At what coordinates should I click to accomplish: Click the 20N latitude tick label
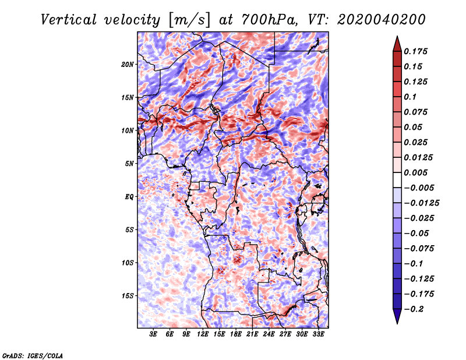tap(127, 65)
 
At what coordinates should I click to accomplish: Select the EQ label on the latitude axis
tap(129, 197)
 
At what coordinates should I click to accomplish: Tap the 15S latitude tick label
tap(127, 296)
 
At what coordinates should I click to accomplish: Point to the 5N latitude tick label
tap(129, 164)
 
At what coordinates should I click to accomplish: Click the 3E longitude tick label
tap(153, 334)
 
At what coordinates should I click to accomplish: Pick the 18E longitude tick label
tap(235, 334)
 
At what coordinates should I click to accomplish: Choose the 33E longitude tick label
tap(318, 334)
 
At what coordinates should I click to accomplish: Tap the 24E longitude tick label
tap(269, 334)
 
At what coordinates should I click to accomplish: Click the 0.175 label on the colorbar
tap(415, 51)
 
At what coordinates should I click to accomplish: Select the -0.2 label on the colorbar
tap(414, 309)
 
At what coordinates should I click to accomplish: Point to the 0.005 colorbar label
tap(415, 172)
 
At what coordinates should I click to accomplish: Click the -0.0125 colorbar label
tap(421, 203)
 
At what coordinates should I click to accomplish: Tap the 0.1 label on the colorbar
tap(410, 97)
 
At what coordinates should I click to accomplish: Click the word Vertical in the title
tap(69, 20)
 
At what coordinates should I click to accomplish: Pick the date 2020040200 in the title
tap(382, 20)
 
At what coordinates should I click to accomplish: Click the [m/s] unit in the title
tap(189, 20)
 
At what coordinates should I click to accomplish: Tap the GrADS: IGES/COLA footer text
tap(33, 355)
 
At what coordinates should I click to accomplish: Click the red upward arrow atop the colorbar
tap(397, 44)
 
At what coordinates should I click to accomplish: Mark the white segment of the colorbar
tap(397, 180)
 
